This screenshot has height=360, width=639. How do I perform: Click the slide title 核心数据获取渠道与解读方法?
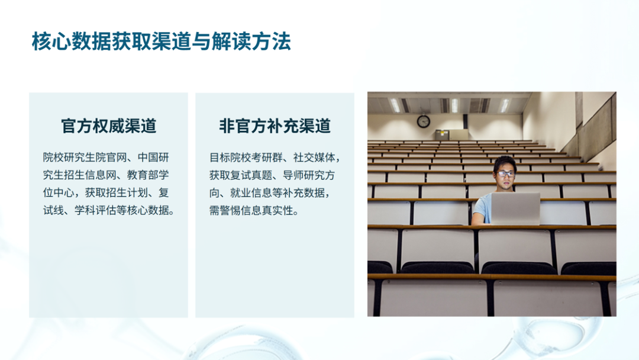pyautogui.click(x=162, y=41)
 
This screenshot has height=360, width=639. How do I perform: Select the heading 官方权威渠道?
pyautogui.click(x=108, y=126)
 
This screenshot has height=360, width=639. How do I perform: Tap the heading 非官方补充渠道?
pyautogui.click(x=275, y=126)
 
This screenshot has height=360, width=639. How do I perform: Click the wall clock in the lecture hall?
pyautogui.click(x=424, y=121)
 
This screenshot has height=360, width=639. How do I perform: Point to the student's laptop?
pyautogui.click(x=515, y=208)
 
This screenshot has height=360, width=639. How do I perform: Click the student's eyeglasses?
pyautogui.click(x=505, y=173)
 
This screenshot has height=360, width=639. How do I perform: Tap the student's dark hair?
pyautogui.click(x=505, y=163)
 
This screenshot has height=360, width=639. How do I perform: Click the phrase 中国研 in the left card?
pyautogui.click(x=153, y=157)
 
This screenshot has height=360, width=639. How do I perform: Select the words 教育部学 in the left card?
pyautogui.click(x=148, y=175)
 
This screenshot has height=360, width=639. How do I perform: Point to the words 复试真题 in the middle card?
pyautogui.click(x=251, y=175)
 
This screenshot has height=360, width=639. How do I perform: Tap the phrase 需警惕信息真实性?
pyautogui.click(x=251, y=210)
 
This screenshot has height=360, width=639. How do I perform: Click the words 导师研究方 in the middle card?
pyautogui.click(x=309, y=175)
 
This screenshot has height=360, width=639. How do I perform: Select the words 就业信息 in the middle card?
pyautogui.click(x=251, y=193)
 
